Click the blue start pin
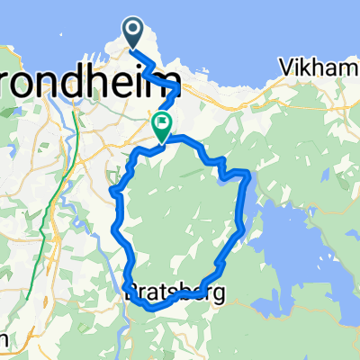coord(133,34)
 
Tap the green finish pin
coord(163,125)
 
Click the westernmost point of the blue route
coord(112,191)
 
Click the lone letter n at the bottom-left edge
coord(4,340)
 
